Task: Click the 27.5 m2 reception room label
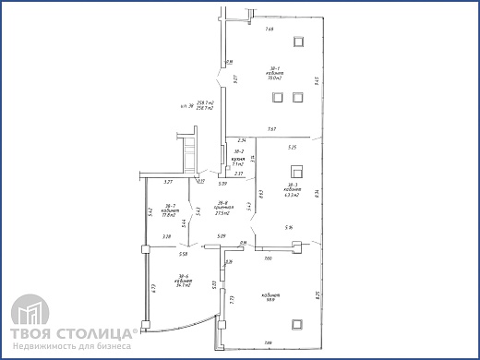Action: point(222,209)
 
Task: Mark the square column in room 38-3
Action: point(296,171)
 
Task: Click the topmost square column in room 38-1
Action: point(297,42)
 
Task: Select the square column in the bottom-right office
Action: point(296,323)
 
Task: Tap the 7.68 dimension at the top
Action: point(270,30)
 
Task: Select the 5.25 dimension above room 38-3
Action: point(292,147)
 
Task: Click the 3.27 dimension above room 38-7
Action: point(168,183)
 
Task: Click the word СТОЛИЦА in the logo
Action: point(97,330)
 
